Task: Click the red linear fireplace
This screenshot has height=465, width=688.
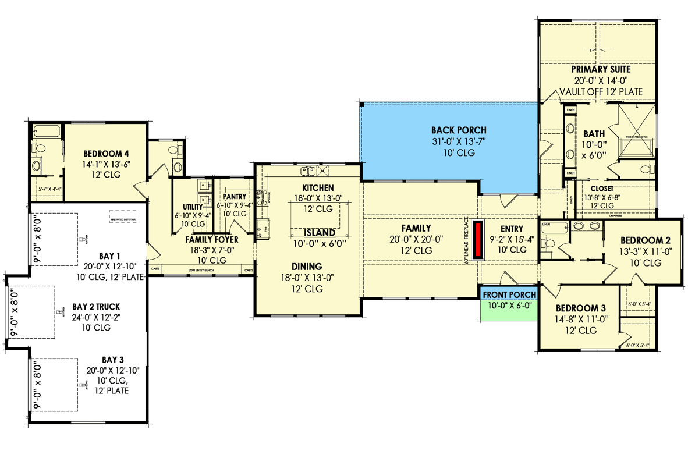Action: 478,240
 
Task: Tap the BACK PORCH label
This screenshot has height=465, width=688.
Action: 459,130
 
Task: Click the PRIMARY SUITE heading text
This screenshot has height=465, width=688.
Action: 600,69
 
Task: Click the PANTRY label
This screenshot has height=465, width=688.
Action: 234,197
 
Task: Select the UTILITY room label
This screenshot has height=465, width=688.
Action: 193,207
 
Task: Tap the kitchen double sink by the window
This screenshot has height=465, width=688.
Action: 308,171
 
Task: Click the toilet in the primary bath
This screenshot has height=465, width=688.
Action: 645,169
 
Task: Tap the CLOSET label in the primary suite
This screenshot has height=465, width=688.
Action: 601,189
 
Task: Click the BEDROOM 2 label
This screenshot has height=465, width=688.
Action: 641,240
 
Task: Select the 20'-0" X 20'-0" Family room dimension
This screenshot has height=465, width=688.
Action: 416,239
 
